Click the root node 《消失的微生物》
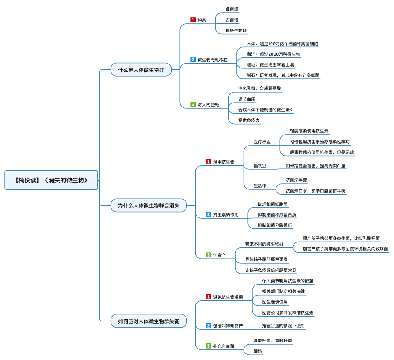pos(51,180)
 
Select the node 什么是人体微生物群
pos(141,70)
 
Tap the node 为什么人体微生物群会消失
pos(148,205)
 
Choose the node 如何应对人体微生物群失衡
pos(148,321)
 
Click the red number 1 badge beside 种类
pos(193,20)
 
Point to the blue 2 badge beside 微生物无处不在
pos(193,60)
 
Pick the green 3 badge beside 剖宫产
pos(208,255)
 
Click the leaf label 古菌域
pos(232,20)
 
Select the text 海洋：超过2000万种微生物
pos(273,54)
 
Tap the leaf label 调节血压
pos(247,99)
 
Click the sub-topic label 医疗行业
pos(262,142)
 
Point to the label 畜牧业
pos(260,166)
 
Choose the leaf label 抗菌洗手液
pos(296,180)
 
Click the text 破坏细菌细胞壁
pos(273,204)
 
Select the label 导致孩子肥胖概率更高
pos(266,259)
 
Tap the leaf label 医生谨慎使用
pos(275,302)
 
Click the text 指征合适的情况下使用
pos(283,326)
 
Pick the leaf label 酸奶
pos(258,352)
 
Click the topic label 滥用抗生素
pos(224,162)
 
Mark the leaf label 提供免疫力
pos(249,121)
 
